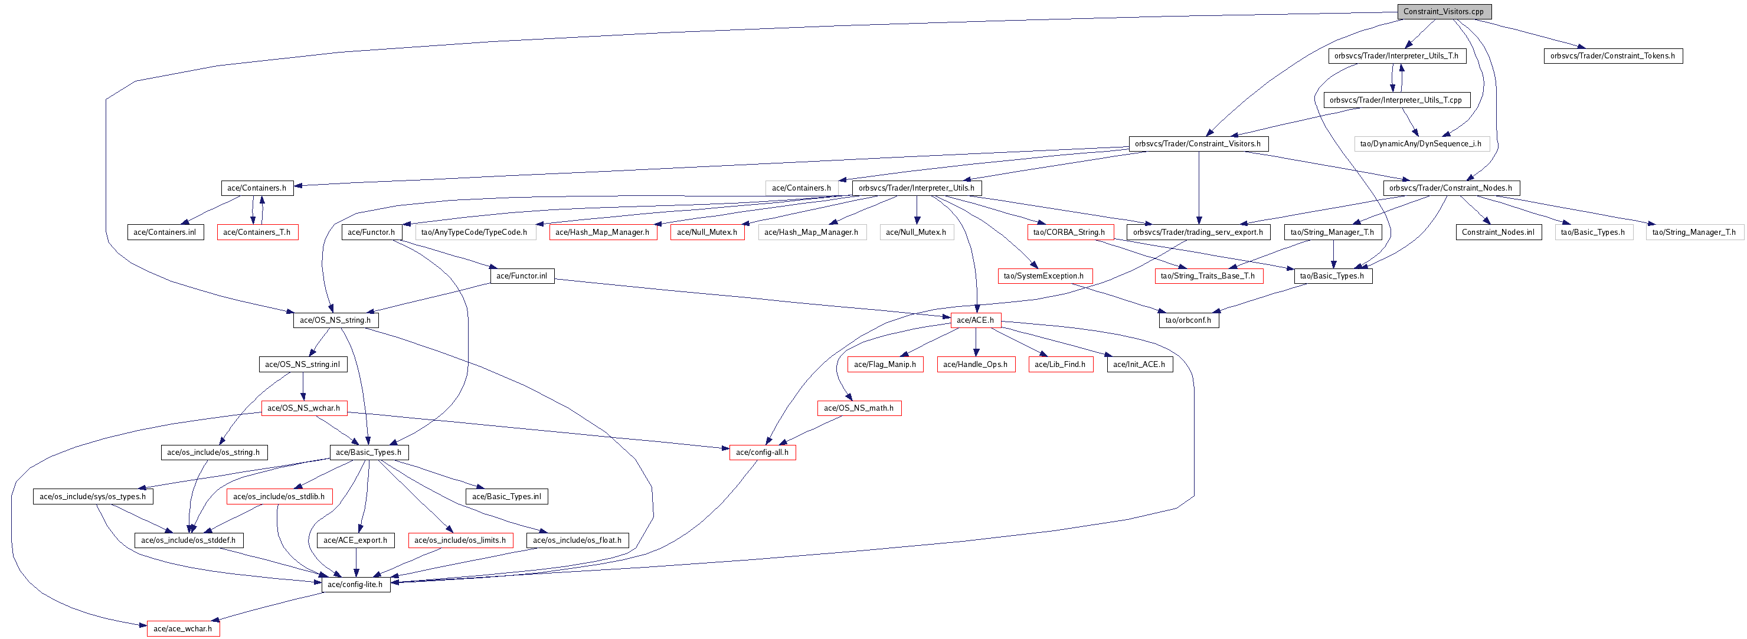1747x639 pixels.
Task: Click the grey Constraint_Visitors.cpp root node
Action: [1443, 12]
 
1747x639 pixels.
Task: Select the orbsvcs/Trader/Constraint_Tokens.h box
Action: [1612, 55]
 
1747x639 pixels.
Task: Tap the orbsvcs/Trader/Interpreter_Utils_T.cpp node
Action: [1396, 100]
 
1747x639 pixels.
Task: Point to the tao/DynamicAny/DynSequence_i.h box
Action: [1421, 143]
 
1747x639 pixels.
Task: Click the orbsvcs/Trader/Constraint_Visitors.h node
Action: [1198, 143]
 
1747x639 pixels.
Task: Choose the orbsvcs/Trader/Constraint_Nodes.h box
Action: [1451, 188]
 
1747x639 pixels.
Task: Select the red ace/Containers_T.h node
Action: [257, 232]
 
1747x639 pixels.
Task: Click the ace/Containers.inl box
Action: [165, 232]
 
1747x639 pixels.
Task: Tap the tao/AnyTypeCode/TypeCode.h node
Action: [474, 232]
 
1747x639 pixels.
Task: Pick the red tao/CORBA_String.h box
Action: [1069, 232]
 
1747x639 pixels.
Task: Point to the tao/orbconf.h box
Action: [1188, 320]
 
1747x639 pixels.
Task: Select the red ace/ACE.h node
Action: [975, 320]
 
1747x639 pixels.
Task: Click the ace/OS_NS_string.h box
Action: [336, 320]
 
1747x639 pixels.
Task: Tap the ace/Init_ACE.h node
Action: [1139, 364]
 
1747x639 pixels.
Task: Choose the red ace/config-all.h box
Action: [763, 452]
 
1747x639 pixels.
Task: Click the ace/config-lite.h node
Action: [355, 584]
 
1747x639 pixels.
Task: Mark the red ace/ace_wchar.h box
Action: [183, 628]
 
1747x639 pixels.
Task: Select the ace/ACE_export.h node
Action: [355, 540]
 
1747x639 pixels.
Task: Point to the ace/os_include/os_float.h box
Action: [577, 540]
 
